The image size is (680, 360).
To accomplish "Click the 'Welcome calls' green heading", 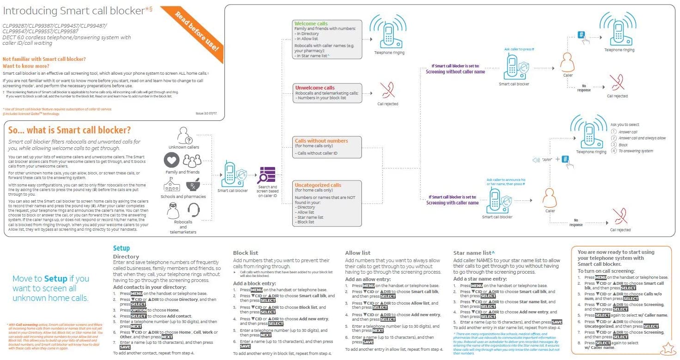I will (x=311, y=24).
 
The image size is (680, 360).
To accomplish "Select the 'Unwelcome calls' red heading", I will (x=315, y=88).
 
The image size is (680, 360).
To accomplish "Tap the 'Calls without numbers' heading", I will (x=321, y=141).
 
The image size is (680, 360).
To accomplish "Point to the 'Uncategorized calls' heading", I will (x=318, y=185).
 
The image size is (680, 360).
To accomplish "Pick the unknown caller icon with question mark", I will (x=183, y=135).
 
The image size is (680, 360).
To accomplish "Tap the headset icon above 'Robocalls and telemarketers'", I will (x=193, y=210).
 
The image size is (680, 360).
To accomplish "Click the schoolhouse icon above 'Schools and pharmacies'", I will (x=172, y=185).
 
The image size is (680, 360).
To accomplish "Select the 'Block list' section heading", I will (x=245, y=253).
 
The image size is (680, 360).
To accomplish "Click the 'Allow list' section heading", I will (x=358, y=253).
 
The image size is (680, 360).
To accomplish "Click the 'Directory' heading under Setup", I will (x=126, y=256).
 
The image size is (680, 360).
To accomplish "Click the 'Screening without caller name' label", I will (x=455, y=72).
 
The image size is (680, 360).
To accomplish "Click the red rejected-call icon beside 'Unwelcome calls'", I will (x=387, y=91).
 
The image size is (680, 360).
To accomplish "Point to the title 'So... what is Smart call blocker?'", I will (x=69, y=130).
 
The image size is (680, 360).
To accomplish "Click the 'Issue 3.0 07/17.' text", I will (x=207, y=113).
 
